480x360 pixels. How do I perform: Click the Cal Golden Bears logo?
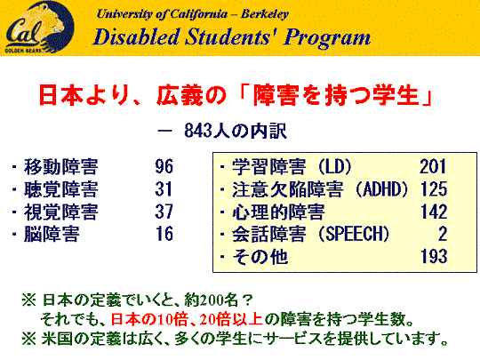39,28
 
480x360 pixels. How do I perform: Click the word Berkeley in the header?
265,13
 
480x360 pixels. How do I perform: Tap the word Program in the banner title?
327,38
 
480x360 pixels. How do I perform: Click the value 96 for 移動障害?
164,166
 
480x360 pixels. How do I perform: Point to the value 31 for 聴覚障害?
164,188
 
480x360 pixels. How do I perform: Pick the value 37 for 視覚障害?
164,212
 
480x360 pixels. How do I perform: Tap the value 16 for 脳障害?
164,234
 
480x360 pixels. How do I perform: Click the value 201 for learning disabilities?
433,166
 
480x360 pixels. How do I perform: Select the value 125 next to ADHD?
434,188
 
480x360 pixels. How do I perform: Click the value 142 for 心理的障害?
434,212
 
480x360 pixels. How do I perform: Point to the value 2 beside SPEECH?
443,234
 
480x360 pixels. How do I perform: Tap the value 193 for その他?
434,256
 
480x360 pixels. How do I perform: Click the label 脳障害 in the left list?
52,234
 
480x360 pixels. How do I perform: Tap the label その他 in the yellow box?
260,257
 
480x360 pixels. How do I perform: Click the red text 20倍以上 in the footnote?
231,320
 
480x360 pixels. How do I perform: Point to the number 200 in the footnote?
211,300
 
